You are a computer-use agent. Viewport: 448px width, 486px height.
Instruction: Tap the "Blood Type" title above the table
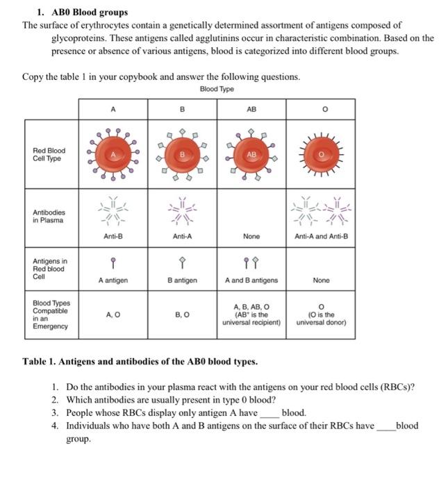pyautogui.click(x=217, y=89)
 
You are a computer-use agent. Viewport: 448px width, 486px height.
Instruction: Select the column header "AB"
pyautogui.click(x=251, y=109)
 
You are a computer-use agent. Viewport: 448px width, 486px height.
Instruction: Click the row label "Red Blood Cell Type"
pyautogui.click(x=49, y=154)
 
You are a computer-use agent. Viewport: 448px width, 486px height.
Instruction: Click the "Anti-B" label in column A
pyautogui.click(x=112, y=236)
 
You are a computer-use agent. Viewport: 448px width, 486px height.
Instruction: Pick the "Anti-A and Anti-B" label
pyautogui.click(x=321, y=236)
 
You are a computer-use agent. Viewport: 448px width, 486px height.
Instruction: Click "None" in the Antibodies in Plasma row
pyautogui.click(x=251, y=236)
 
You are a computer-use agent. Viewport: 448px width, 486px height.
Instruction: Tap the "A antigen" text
pyautogui.click(x=112, y=280)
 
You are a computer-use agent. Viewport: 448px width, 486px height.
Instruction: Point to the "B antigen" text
pyautogui.click(x=182, y=280)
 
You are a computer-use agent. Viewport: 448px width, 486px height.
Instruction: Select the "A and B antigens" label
pyautogui.click(x=251, y=280)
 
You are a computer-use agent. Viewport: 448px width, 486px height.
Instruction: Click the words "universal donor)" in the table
pyautogui.click(x=321, y=323)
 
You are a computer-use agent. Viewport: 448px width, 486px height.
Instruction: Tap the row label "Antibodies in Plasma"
pyautogui.click(x=49, y=216)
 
